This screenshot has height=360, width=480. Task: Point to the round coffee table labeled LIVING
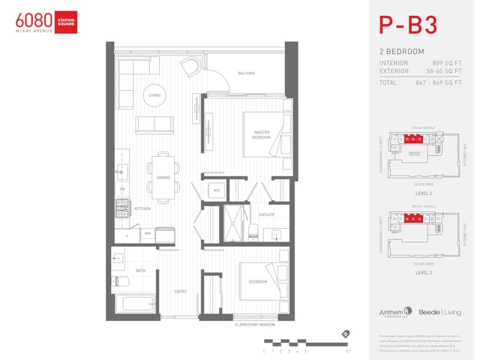154,95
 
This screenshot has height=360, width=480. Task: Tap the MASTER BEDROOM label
261,135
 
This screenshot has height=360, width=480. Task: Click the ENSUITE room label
266,214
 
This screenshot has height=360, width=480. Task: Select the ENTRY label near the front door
181,291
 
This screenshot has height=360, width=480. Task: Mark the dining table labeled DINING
163,177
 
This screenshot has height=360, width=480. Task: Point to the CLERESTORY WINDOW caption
255,325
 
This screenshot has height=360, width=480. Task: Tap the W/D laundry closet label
217,190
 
